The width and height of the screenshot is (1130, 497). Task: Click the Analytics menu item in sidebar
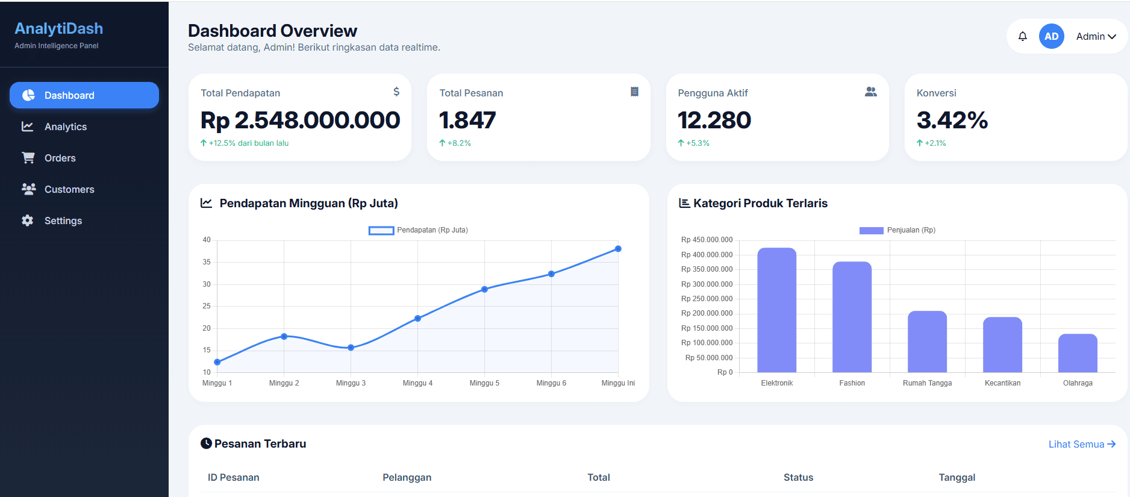[x=65, y=127]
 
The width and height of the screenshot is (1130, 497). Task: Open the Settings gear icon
[x=28, y=220]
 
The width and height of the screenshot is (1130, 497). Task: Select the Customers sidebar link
[x=69, y=189]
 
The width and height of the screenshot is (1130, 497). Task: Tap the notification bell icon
[x=1022, y=36]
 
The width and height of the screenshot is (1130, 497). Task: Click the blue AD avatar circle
[x=1051, y=36]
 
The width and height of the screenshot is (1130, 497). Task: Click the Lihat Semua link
[x=1081, y=444]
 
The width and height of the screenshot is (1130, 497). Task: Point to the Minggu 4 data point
[x=417, y=318]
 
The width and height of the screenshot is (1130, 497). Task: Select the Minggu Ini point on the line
[x=618, y=249]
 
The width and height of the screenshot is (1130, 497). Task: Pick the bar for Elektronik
[x=776, y=310]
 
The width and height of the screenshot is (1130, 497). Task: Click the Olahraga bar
[x=1077, y=354]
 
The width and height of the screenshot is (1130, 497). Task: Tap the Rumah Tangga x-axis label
[x=927, y=383]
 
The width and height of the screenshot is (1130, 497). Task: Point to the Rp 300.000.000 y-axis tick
[x=707, y=284]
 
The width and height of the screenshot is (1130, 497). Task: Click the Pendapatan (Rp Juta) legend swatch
[x=381, y=230]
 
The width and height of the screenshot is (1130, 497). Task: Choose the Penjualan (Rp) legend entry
[x=897, y=230]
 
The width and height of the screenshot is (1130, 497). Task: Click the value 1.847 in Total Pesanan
[x=467, y=120]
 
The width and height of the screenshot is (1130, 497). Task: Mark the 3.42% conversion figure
[x=952, y=120]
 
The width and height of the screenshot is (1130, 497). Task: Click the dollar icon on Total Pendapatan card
[x=396, y=92]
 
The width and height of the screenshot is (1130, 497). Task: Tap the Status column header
[x=798, y=477]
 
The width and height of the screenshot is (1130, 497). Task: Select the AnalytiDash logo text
[x=59, y=28]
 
